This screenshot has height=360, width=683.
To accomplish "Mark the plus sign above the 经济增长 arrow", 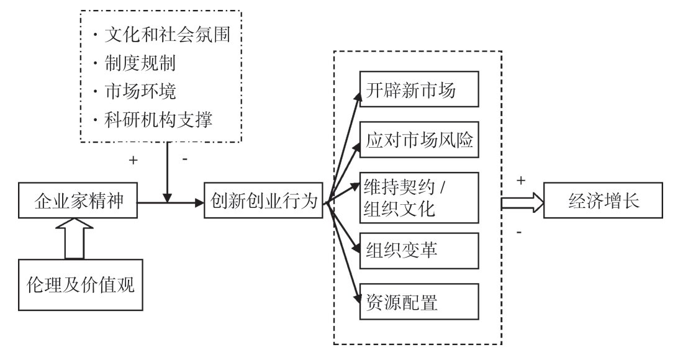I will tap(521, 180).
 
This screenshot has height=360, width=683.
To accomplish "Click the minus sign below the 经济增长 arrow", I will tap(519, 232).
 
